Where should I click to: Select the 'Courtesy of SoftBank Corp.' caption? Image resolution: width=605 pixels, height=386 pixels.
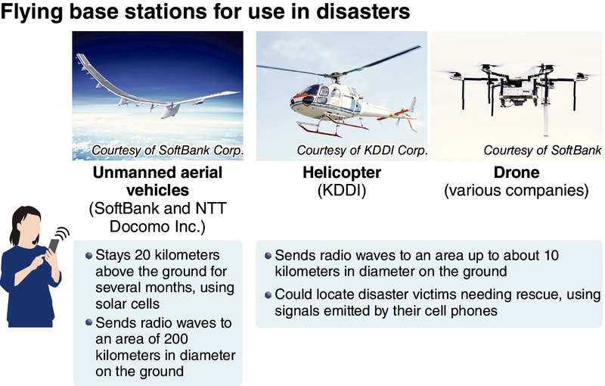coord(167,151)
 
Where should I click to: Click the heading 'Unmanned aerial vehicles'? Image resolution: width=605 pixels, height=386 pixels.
coord(157,182)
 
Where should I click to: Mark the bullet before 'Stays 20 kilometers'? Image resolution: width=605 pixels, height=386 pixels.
coord(90,255)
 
